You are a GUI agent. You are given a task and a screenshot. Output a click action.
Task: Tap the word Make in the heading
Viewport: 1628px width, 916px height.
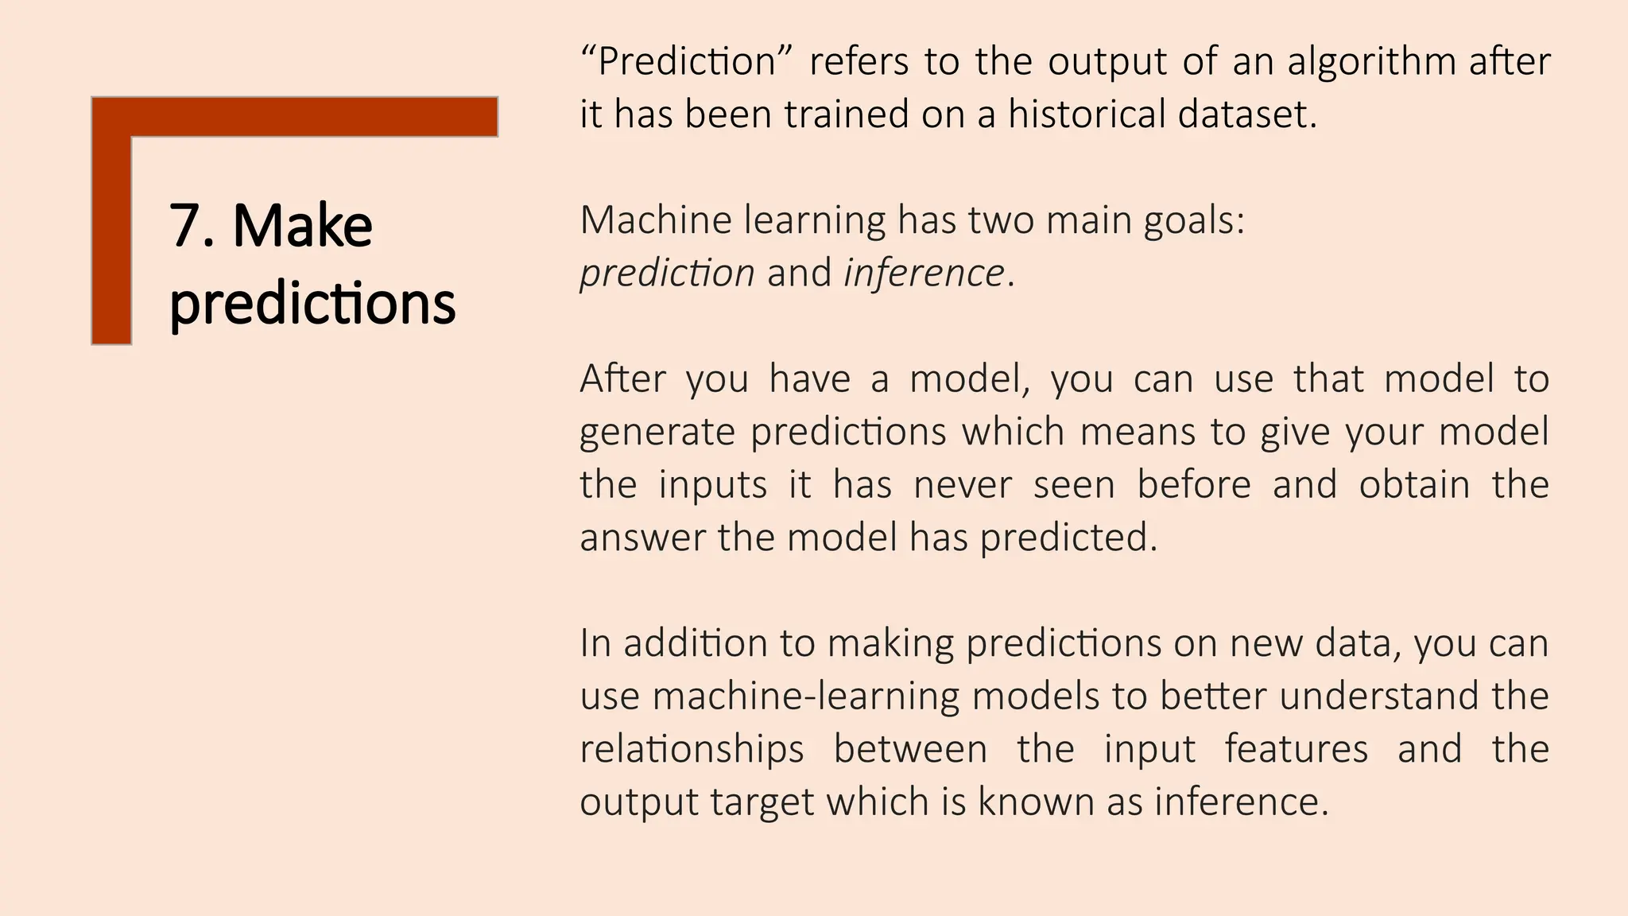[x=302, y=227]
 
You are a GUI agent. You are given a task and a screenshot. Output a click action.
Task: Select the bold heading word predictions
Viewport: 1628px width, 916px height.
[x=312, y=304]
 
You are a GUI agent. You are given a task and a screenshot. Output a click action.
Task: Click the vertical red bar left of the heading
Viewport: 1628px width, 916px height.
[x=111, y=239]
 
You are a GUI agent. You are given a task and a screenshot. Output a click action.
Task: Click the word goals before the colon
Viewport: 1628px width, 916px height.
[x=1193, y=220]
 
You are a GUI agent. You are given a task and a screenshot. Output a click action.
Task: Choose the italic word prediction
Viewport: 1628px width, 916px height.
[x=667, y=273]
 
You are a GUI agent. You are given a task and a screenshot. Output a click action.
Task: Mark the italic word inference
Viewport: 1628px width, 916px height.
[x=924, y=273]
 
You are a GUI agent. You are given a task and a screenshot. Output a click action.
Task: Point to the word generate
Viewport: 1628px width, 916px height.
[x=657, y=432]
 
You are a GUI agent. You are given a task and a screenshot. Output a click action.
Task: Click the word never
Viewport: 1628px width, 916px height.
[x=963, y=484]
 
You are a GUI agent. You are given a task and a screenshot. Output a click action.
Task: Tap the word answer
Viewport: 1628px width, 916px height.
[x=642, y=538]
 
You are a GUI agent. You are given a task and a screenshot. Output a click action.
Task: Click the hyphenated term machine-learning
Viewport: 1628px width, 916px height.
[x=806, y=696]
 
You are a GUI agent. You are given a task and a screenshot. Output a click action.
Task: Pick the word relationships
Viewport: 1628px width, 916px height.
[x=692, y=749]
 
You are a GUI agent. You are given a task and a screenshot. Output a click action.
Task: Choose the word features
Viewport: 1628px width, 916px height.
[x=1296, y=749]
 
